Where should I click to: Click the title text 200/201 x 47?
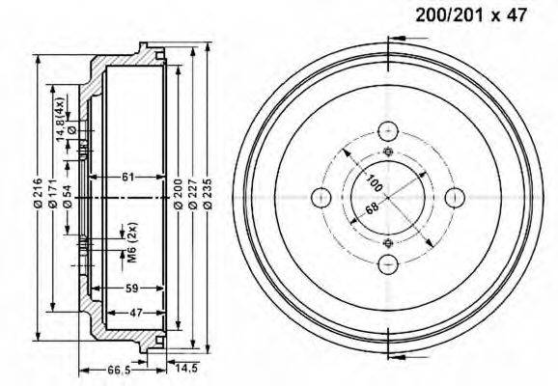click(x=471, y=15)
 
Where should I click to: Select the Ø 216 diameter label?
click(x=38, y=193)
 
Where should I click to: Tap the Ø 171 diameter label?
click(x=53, y=193)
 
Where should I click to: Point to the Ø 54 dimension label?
click(x=68, y=197)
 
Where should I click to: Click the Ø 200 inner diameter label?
click(x=178, y=193)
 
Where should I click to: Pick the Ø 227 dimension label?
click(x=192, y=193)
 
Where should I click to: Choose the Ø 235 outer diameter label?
click(x=208, y=193)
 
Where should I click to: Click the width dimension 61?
click(x=128, y=177)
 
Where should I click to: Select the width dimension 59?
click(x=132, y=289)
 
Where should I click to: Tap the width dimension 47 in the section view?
click(x=136, y=313)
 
